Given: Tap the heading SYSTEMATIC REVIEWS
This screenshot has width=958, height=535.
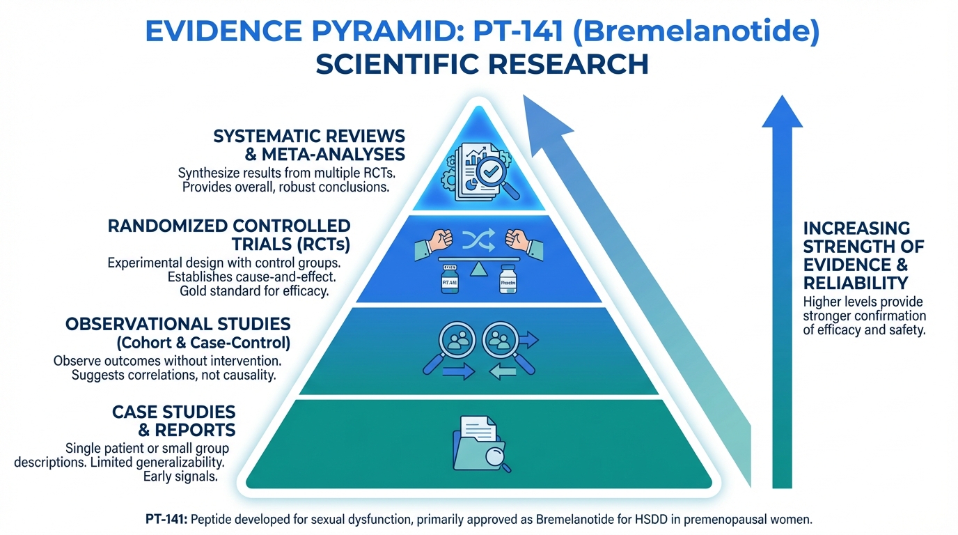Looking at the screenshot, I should pyautogui.click(x=308, y=135).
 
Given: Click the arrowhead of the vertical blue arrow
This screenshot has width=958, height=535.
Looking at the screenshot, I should pyautogui.click(x=783, y=111).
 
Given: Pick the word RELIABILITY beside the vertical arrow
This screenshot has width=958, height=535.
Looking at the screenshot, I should pyautogui.click(x=855, y=282).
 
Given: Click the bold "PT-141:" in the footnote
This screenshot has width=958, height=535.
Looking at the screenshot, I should pyautogui.click(x=164, y=520).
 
